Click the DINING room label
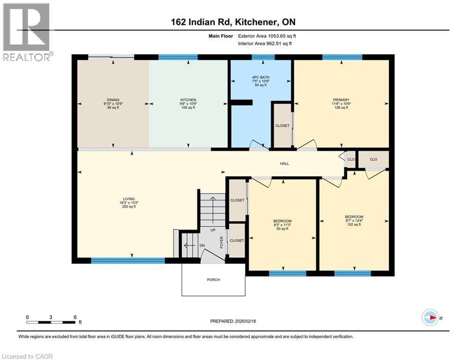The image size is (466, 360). (x=113, y=100)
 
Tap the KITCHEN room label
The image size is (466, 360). (x=188, y=100)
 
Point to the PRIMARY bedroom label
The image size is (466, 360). (x=341, y=100)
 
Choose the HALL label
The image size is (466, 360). (x=284, y=164)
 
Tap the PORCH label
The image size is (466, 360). (x=213, y=280)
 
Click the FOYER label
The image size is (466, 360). (x=222, y=241)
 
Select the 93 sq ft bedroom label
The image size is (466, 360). (x=282, y=221)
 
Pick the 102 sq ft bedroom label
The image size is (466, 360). (x=354, y=217)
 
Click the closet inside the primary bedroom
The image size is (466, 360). (x=282, y=126)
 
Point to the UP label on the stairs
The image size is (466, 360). (x=212, y=230)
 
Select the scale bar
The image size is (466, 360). (x=51, y=322)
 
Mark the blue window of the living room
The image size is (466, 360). (x=128, y=261)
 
